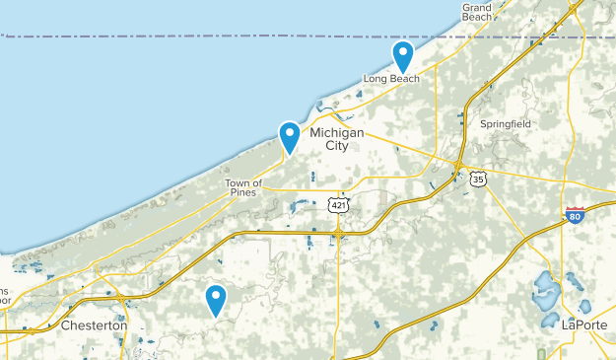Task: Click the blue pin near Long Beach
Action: coord(402,55)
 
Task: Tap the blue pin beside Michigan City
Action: coord(290,136)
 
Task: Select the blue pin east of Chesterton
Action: coord(215,299)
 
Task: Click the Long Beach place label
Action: coord(391,79)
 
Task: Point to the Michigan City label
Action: coord(337,139)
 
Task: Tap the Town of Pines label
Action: coord(242,187)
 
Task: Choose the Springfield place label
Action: coord(506,124)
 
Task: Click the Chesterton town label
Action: coord(94,324)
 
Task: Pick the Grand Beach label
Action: coord(477,12)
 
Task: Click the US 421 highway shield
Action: coord(337,203)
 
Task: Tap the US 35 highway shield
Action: coord(478,180)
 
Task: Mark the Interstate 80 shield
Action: coord(576,216)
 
